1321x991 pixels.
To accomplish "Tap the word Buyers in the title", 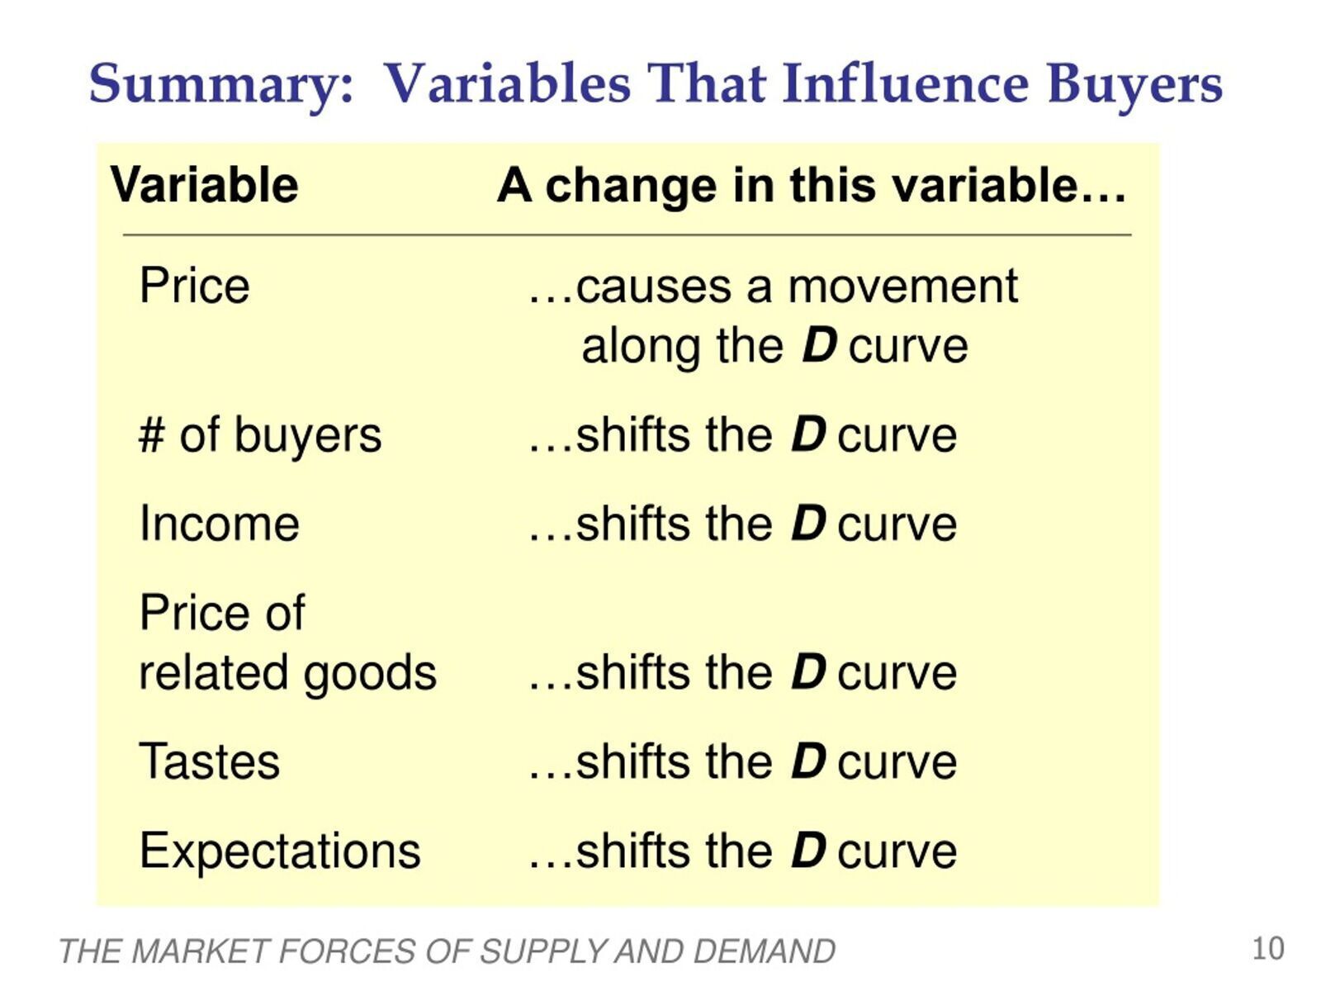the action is click(x=1134, y=85).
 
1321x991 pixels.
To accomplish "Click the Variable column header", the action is click(x=204, y=185).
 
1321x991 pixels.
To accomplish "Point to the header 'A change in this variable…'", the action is click(x=812, y=185).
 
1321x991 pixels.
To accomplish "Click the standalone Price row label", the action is click(x=194, y=285).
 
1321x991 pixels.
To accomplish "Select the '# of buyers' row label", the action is click(x=260, y=435).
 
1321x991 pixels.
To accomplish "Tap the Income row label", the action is click(x=219, y=524).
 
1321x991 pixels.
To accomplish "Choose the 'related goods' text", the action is click(x=287, y=673).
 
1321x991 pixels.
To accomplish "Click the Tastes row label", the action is click(x=210, y=761).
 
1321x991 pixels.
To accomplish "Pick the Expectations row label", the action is click(x=280, y=851).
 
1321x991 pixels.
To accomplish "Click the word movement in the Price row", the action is click(x=902, y=287).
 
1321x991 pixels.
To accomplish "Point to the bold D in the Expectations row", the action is click(x=808, y=851).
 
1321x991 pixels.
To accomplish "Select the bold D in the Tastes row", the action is click(x=808, y=761).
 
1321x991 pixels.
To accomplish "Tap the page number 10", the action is click(x=1268, y=949).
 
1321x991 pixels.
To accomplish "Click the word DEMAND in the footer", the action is click(x=764, y=952).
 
